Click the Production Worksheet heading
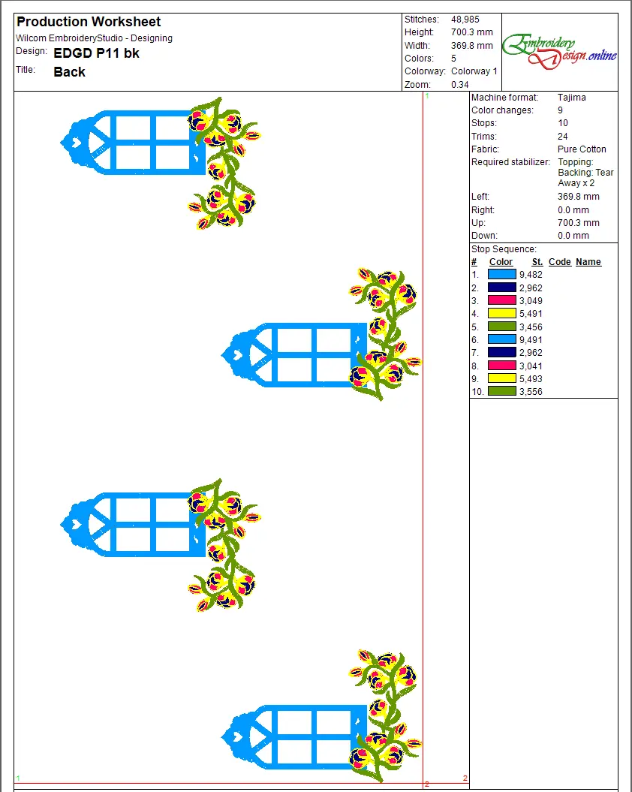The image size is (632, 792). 89,22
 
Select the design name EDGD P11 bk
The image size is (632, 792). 96,53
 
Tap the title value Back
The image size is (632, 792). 69,72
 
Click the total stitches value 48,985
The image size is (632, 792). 465,20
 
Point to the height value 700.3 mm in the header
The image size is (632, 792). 472,32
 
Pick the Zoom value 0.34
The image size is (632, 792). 459,84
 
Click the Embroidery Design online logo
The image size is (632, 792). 559,51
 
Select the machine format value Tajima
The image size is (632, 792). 571,97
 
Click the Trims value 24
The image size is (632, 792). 562,137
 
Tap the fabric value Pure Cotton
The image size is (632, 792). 582,149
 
